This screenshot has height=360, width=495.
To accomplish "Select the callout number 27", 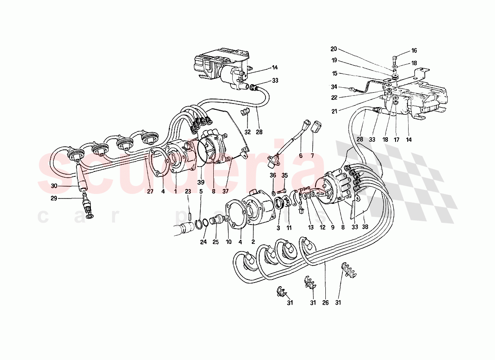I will pos(150,191).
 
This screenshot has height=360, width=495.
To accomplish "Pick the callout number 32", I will pos(247,132).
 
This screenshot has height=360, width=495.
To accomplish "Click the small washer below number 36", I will pos(273,193).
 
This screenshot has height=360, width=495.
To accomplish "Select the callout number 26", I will pos(325,303).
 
